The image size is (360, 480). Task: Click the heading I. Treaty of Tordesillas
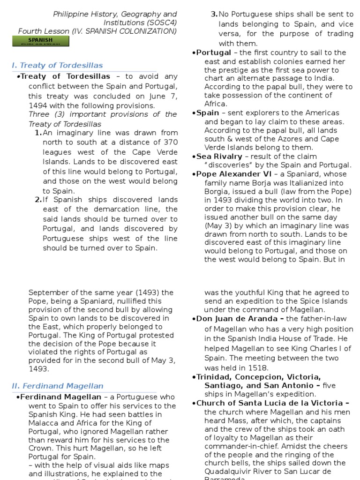point(57,65)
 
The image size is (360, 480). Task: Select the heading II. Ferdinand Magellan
point(57,386)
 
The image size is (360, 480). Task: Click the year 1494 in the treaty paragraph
point(38,105)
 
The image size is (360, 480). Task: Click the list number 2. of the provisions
point(38,200)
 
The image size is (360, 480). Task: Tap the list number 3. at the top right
point(215,15)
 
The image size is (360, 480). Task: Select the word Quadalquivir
point(228,472)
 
